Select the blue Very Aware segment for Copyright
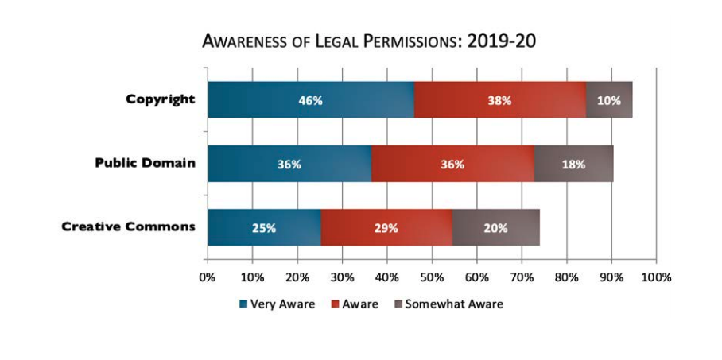point(310,100)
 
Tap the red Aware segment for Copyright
point(499,100)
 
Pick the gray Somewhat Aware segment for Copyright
point(608,100)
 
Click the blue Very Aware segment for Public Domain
point(289,164)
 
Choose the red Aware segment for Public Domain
point(452,164)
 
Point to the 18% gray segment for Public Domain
point(573,164)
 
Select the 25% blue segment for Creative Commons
point(264,227)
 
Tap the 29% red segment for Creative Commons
point(386,227)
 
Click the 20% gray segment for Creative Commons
point(495,227)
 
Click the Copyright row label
point(161,99)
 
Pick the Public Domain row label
point(145,163)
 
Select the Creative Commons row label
point(129,226)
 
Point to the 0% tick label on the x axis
point(208,277)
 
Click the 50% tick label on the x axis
point(432,277)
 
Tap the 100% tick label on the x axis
point(656,277)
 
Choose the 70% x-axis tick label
point(522,277)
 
